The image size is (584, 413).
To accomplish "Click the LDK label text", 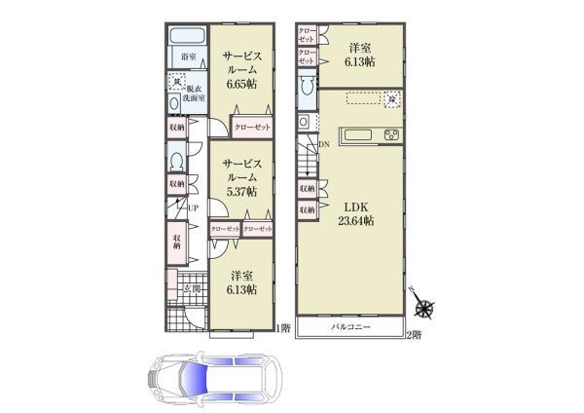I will [351, 206].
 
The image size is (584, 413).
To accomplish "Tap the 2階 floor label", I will [414, 334].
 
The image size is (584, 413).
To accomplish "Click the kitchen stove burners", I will [392, 134].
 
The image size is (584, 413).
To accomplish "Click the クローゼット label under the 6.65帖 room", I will [252, 127].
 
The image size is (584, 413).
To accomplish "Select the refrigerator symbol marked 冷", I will [391, 98].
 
